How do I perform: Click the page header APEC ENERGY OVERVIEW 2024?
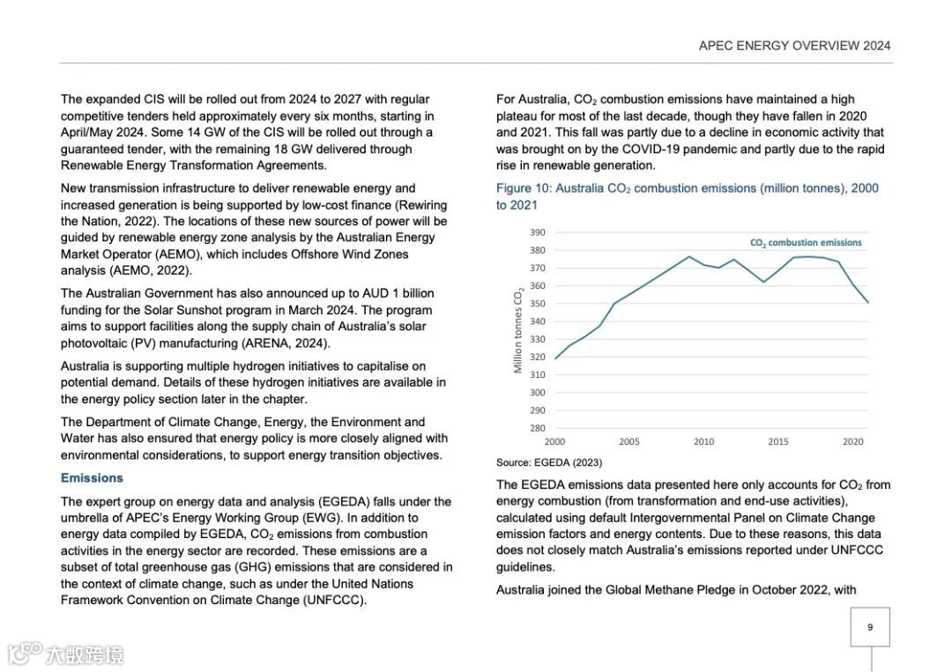[x=794, y=46]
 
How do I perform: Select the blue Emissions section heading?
[x=92, y=478]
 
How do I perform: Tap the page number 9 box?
[x=870, y=627]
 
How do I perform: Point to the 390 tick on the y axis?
[x=538, y=233]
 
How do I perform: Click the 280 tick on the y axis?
[x=538, y=428]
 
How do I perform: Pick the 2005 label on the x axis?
[x=629, y=442]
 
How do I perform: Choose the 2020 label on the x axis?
[x=852, y=442]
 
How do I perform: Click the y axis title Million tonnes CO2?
[x=519, y=330]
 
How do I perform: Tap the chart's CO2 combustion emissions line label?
[x=806, y=243]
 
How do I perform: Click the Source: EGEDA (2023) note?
[x=549, y=462]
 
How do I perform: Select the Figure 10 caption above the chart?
[x=687, y=196]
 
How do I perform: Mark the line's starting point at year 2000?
[x=555, y=358]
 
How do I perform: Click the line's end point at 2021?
[x=867, y=302]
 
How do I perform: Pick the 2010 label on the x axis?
[x=703, y=442]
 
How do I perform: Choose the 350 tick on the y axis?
[x=538, y=304]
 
